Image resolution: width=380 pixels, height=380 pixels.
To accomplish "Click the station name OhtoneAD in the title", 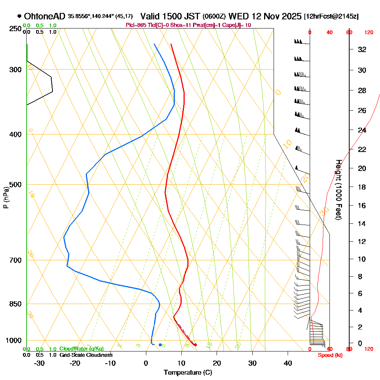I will click(45, 16).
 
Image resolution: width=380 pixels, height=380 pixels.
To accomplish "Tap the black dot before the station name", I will click(19, 16).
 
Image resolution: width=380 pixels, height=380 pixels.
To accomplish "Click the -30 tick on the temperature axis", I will click(40, 363).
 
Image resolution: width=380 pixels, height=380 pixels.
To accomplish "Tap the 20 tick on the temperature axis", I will click(217, 363).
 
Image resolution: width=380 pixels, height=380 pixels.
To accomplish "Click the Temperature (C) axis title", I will click(187, 372).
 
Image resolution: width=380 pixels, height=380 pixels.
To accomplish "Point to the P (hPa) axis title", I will click(6, 198).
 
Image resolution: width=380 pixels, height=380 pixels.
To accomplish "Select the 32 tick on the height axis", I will click(362, 49).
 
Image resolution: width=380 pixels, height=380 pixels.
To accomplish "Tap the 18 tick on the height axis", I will click(362, 187).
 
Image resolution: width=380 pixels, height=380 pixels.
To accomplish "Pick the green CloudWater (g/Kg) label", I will click(81, 349).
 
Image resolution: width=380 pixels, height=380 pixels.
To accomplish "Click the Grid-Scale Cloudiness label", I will click(85, 355).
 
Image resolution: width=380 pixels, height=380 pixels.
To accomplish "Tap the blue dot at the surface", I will click(160, 345).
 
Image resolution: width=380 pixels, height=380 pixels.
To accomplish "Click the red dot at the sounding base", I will click(195, 345).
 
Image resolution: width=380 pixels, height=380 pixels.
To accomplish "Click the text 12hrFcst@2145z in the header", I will click(331, 16).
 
